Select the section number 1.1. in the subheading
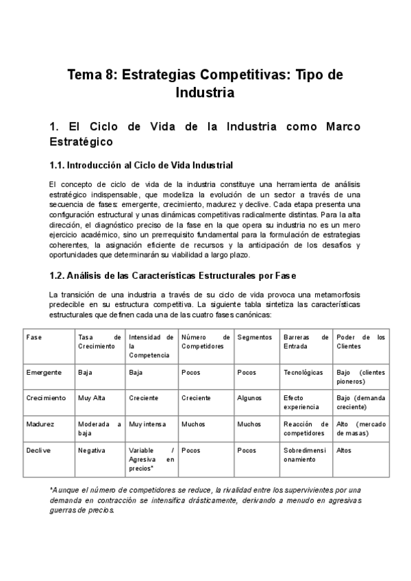pos(60,165)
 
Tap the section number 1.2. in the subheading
pos(60,276)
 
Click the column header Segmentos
pos(254,337)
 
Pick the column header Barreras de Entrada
pos(306,341)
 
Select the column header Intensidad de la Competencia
pos(150,346)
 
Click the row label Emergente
pos(44,372)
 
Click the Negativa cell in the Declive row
pos(92,451)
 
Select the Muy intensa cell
pos(147,424)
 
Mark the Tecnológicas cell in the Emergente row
pos(303,372)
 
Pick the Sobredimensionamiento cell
pos(306,455)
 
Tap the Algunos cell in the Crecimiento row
pos(249,397)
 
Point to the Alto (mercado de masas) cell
pos(361,428)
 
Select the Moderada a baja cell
pos(99,428)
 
